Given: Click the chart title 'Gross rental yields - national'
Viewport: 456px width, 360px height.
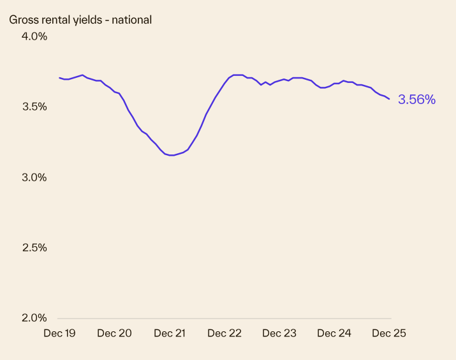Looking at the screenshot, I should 80,20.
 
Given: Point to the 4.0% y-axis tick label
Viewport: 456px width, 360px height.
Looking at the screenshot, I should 34,36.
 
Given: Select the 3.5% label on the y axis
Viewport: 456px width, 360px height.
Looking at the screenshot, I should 34,107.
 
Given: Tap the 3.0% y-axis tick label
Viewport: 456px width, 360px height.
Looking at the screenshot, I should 34,177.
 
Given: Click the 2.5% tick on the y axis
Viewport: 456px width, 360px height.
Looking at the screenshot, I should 34,247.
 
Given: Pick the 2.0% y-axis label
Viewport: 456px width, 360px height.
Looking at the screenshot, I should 34,317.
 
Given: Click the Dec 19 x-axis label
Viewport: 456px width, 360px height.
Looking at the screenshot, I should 60,333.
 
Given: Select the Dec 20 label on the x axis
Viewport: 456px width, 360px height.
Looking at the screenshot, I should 115,333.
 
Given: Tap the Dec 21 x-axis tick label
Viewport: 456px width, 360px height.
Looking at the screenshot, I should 170,333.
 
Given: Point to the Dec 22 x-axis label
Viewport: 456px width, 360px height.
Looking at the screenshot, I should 224,333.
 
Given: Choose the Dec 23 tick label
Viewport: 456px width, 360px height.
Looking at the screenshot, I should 279,333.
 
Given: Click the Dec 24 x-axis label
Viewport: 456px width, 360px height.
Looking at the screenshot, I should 334,333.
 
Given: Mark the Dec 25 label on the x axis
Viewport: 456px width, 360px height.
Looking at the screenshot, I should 389,333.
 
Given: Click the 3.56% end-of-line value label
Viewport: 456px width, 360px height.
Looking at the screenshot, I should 416,100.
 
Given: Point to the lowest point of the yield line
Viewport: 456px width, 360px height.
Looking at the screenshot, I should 171,155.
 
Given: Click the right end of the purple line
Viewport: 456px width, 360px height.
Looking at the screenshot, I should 390,98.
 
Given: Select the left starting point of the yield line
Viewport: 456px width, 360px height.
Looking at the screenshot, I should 59,78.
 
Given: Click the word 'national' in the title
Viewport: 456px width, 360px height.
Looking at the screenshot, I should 131,20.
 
